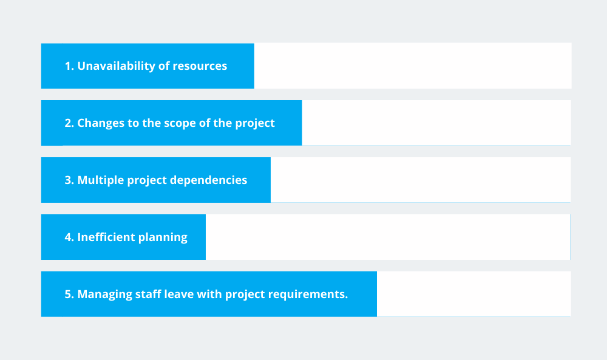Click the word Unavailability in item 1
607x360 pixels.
click(x=116, y=66)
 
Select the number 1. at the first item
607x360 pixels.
click(x=69, y=66)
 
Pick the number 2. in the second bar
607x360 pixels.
click(x=69, y=123)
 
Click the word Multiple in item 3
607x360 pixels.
click(x=100, y=180)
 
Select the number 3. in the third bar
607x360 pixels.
click(x=69, y=180)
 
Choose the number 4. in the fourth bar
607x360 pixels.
click(x=69, y=237)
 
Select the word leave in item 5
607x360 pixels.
click(x=186, y=294)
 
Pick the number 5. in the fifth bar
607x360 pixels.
click(x=69, y=294)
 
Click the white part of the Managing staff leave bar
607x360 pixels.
click(x=473, y=294)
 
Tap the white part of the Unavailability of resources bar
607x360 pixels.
click(x=413, y=66)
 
